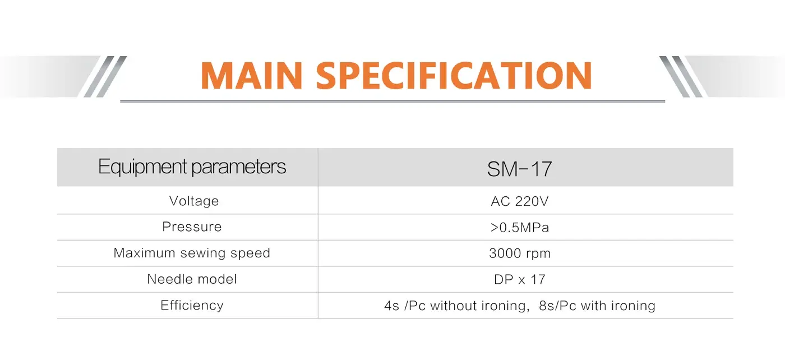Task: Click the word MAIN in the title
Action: point(251,76)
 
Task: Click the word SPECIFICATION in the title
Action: point(454,76)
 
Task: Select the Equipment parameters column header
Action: point(192,167)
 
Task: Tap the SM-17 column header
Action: point(519,169)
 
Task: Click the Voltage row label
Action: point(194,201)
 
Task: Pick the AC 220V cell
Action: point(519,201)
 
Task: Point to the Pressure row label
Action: point(192,227)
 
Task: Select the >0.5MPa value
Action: point(519,228)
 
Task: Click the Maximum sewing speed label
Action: point(192,253)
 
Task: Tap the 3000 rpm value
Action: point(520,253)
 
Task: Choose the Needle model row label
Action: point(192,279)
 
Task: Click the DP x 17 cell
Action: point(519,279)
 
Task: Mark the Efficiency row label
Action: point(192,305)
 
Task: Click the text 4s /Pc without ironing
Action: point(456,306)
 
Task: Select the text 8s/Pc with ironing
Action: point(597,306)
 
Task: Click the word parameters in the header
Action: point(239,167)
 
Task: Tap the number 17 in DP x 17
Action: point(538,279)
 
